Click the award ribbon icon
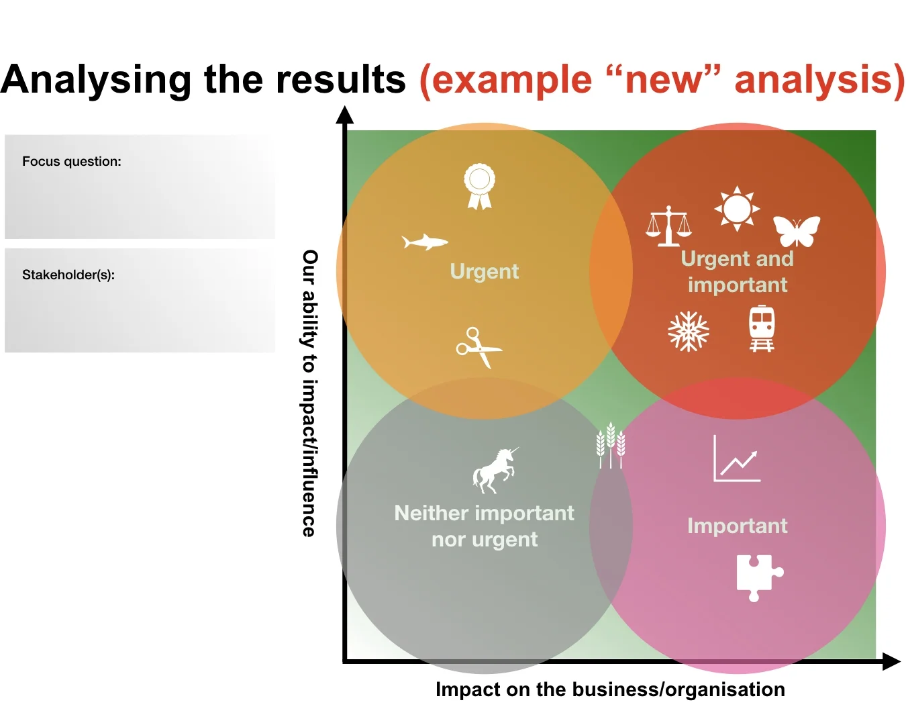click(x=479, y=187)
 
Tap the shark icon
click(x=424, y=242)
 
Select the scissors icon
click(x=478, y=347)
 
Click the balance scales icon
click(x=668, y=226)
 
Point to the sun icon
click(x=737, y=209)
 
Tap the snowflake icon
click(x=689, y=331)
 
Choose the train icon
click(x=762, y=328)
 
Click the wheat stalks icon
click(x=611, y=444)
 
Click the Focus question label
click(x=72, y=161)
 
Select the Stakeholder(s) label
click(x=68, y=275)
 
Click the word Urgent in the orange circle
click(x=485, y=271)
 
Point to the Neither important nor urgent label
click(x=485, y=526)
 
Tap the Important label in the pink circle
click(x=737, y=526)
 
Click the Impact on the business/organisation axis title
click(x=610, y=689)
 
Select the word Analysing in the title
click(x=97, y=79)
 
